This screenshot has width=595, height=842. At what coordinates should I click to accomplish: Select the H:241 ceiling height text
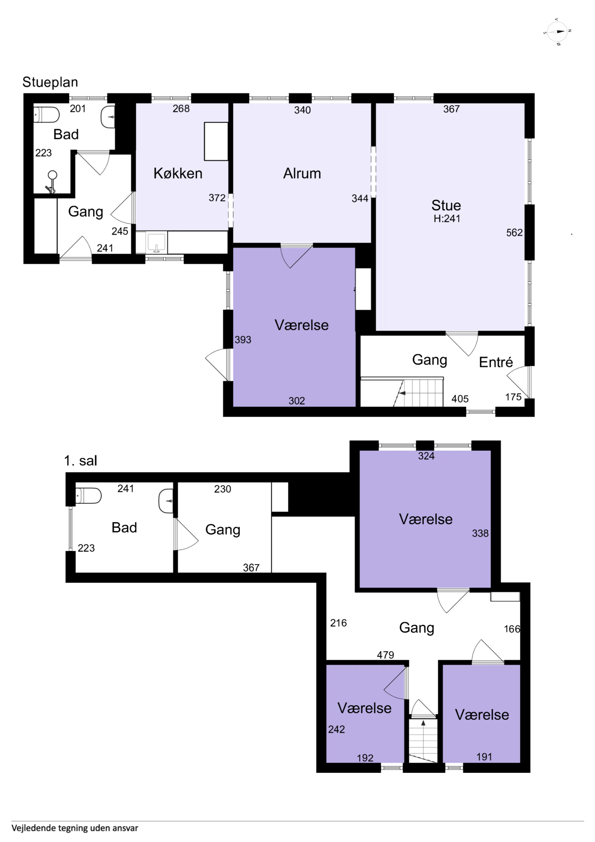(x=447, y=219)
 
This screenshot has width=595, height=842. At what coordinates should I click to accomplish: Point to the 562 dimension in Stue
(x=514, y=232)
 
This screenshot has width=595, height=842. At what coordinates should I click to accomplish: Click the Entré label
(x=496, y=362)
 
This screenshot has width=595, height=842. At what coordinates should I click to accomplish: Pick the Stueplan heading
(x=50, y=82)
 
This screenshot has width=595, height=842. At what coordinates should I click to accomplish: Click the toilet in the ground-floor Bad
(x=46, y=115)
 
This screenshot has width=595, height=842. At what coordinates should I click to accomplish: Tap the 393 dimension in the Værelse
(x=243, y=340)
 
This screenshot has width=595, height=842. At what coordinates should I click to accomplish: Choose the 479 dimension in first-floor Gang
(x=385, y=655)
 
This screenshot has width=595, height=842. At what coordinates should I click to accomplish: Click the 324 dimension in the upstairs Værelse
(x=426, y=456)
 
